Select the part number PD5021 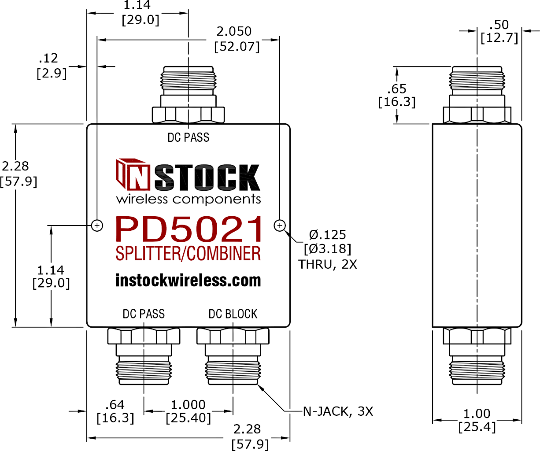(x=188, y=229)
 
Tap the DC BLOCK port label (x=233, y=314)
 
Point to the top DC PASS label (x=188, y=137)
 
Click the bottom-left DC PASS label (x=144, y=314)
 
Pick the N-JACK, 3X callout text (x=338, y=411)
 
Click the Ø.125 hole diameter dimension (x=327, y=235)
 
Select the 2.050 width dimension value (x=234, y=32)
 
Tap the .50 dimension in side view (x=499, y=25)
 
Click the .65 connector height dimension (x=397, y=89)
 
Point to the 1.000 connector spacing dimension (x=188, y=405)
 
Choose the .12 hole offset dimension (x=48, y=59)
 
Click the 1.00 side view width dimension (x=477, y=414)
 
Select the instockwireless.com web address (x=188, y=281)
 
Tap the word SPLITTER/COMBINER (x=188, y=253)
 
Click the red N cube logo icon (x=133, y=174)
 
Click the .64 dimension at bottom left (x=115, y=405)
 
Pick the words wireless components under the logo (x=188, y=200)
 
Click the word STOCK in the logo (x=207, y=177)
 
